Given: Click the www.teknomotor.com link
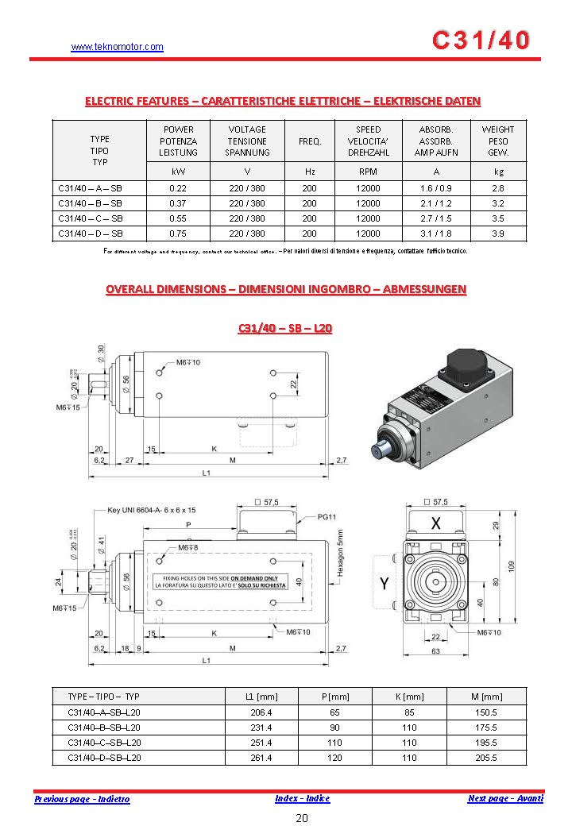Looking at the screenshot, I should click(x=117, y=47).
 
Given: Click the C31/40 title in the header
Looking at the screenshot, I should click(x=481, y=41).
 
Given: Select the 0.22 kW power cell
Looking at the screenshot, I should click(x=178, y=189).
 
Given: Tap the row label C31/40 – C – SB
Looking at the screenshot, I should click(x=91, y=218).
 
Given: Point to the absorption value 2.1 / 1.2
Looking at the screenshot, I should click(x=435, y=203).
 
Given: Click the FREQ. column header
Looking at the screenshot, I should click(x=309, y=141).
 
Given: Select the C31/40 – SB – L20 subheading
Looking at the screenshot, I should click(x=285, y=329).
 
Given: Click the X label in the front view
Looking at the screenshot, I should click(x=435, y=523).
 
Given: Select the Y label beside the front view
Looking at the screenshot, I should click(x=384, y=584).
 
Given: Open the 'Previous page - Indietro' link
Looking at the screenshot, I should click(x=82, y=799).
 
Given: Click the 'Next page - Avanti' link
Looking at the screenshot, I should click(x=505, y=798).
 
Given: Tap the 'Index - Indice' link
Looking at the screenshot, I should click(x=302, y=798).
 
